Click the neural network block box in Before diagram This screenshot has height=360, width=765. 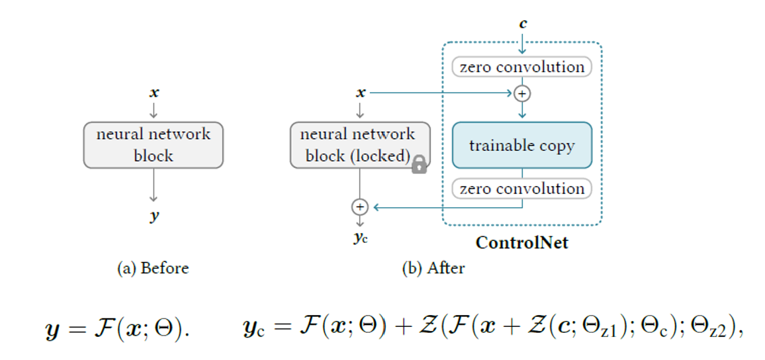point(154,145)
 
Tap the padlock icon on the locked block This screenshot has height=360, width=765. point(419,165)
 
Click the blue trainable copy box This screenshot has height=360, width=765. point(521,145)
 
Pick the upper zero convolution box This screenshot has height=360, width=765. point(521,67)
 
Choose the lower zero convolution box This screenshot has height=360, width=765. point(521,189)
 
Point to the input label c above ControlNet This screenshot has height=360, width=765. point(523,24)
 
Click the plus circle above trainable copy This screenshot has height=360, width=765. point(522,94)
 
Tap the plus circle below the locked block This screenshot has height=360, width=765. point(359,207)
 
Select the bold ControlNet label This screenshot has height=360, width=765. point(521,243)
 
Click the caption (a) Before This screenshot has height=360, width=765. point(153,268)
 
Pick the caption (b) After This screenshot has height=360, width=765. point(433,268)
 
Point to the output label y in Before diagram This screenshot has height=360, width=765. point(154,216)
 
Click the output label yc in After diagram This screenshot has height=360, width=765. point(360,238)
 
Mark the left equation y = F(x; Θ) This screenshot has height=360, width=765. point(116,329)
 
